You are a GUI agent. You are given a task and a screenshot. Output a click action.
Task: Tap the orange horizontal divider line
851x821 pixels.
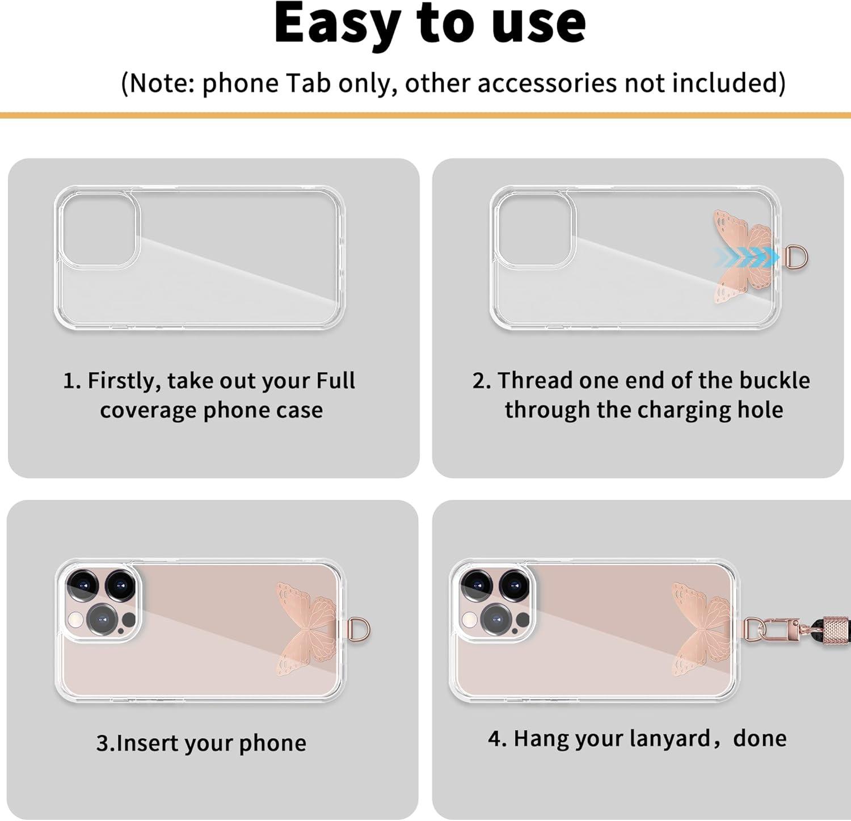point(425,116)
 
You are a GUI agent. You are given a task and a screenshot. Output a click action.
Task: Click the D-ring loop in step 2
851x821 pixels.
point(797,257)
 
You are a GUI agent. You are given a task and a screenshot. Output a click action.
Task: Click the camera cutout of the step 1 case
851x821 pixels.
point(100,230)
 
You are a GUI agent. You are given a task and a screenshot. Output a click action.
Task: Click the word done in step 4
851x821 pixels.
point(760,738)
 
